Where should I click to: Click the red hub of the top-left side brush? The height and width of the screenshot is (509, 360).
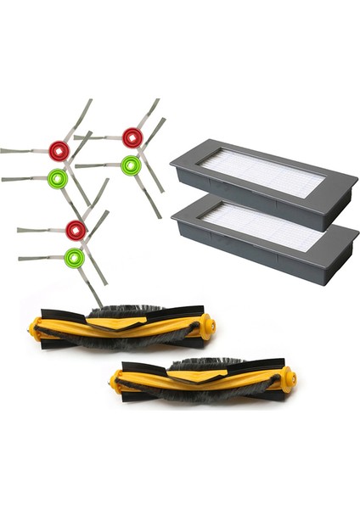pos(59,151)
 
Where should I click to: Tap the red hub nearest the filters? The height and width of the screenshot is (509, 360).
pos(132,137)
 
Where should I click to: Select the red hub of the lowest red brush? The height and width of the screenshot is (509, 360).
pos(76,228)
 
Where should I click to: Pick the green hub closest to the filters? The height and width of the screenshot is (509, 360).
pos(130,165)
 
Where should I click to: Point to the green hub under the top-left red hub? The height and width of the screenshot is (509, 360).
pos(57,178)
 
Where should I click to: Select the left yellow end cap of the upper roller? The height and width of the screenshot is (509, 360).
pos(38,327)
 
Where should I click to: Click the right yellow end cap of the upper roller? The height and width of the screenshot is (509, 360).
pos(207,326)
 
